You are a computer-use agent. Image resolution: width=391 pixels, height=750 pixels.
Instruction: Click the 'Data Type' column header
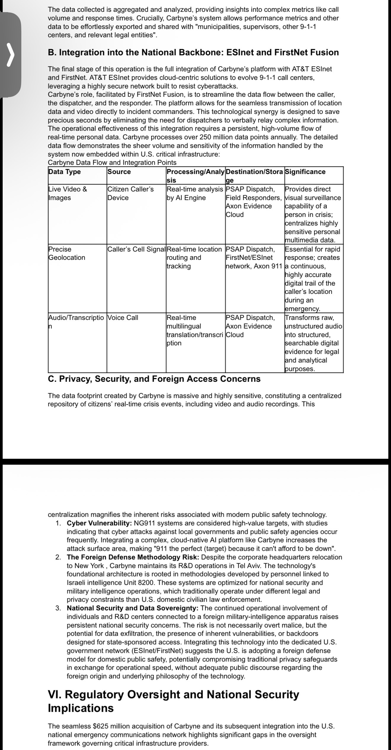(65, 172)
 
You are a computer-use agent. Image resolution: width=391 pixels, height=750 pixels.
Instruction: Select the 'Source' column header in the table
(119, 172)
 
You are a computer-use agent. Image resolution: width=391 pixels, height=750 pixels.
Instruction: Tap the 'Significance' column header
(305, 172)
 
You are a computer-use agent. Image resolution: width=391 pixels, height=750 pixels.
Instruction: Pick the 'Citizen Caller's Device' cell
(130, 193)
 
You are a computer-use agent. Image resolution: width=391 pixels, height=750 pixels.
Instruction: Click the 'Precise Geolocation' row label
(67, 253)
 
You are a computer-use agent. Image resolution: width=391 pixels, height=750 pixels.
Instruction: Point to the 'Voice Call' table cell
(123, 318)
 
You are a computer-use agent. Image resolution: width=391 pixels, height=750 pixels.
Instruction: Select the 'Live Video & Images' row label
(68, 193)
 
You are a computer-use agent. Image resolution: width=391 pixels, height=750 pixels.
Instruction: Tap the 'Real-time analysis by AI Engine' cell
(195, 193)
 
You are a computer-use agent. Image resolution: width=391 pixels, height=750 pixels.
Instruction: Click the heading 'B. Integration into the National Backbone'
(193, 52)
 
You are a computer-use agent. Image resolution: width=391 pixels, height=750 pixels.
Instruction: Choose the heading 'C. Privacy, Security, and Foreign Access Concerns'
(154, 379)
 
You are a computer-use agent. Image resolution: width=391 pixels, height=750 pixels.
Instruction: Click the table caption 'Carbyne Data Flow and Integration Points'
(112, 162)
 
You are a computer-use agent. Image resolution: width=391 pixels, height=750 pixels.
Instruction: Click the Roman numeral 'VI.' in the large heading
(56, 694)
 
